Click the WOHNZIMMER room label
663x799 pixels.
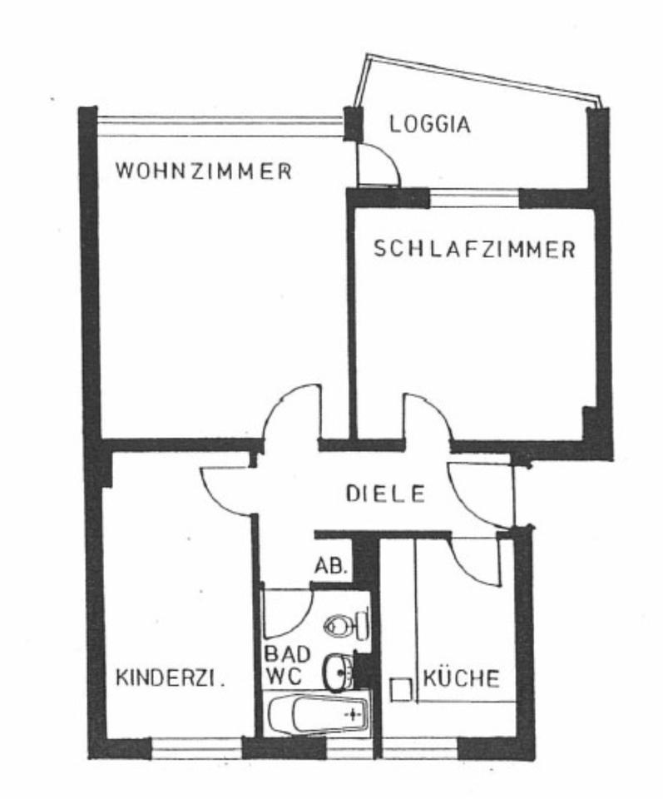[204, 172]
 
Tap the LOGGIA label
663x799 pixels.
[430, 125]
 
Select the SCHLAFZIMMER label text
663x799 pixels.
[474, 250]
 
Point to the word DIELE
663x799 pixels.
[386, 494]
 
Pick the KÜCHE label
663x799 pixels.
[462, 677]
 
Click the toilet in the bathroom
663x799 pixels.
[344, 623]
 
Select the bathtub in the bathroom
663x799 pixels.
[319, 714]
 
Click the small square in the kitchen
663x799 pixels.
[402, 688]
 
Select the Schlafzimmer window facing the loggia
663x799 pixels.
[474, 198]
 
